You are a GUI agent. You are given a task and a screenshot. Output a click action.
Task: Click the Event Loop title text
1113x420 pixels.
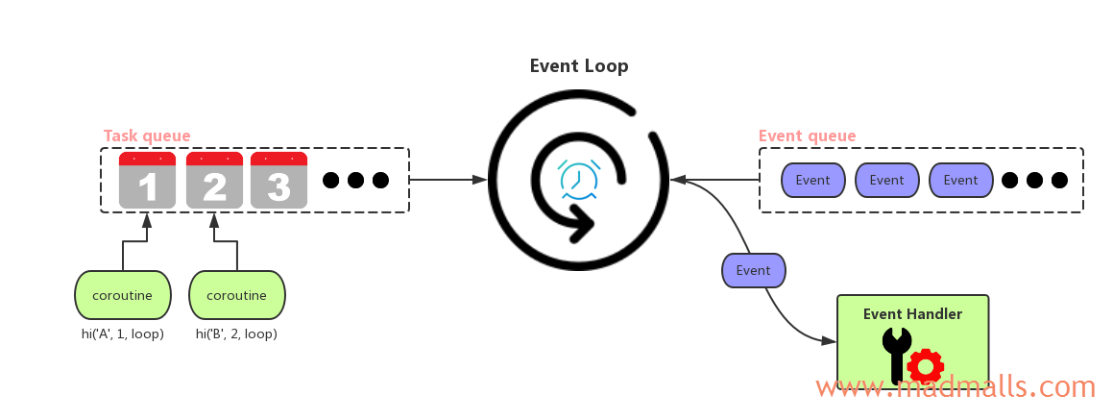click(579, 66)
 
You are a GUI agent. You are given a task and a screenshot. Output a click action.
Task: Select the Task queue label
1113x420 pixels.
click(147, 136)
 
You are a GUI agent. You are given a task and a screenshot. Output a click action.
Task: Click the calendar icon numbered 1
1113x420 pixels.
click(147, 180)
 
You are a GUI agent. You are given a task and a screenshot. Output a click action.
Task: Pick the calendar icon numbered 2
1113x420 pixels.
click(214, 180)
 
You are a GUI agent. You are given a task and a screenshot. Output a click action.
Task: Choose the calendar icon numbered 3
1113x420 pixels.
click(278, 180)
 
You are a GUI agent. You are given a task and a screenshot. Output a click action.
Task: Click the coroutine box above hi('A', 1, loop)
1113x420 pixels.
click(122, 295)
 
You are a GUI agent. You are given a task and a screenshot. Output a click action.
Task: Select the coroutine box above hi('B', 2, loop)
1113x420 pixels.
click(237, 295)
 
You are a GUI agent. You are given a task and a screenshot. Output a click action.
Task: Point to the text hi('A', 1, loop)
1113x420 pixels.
click(122, 334)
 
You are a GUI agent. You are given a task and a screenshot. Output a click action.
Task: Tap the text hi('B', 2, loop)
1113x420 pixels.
click(236, 334)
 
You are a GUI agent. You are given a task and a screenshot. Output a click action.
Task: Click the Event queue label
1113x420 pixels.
click(807, 136)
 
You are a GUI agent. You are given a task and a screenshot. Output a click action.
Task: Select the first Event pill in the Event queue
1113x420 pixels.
click(812, 180)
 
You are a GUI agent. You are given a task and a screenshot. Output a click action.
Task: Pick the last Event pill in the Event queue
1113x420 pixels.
click(960, 180)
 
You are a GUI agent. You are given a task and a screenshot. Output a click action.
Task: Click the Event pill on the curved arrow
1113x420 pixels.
click(753, 270)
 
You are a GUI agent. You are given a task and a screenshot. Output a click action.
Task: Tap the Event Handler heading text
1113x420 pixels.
click(912, 313)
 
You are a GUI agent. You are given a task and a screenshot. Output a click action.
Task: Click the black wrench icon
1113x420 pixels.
click(896, 354)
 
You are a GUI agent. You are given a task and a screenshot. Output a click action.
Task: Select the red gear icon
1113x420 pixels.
click(926, 366)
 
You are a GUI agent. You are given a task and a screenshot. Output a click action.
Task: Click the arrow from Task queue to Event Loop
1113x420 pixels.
click(448, 179)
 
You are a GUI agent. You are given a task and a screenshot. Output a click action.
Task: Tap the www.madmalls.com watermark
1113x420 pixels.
click(956, 387)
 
